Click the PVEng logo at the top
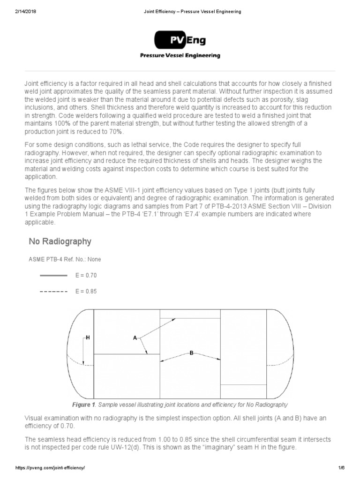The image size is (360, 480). [180, 40]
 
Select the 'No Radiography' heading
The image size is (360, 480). [60, 241]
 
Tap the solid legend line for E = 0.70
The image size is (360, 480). [54, 275]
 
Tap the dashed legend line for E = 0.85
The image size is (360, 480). [54, 291]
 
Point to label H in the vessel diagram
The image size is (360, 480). [88, 337]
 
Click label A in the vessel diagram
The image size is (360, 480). [135, 337]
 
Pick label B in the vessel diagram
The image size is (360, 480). [191, 353]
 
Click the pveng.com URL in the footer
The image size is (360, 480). [50, 468]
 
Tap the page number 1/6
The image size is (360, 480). [341, 468]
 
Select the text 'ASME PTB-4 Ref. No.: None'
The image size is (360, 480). [65, 259]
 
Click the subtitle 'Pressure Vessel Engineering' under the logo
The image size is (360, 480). [180, 55]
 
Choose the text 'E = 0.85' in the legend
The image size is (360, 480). [86, 291]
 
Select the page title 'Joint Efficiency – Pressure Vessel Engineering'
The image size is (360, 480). [192, 12]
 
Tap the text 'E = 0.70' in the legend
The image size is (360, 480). [86, 275]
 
